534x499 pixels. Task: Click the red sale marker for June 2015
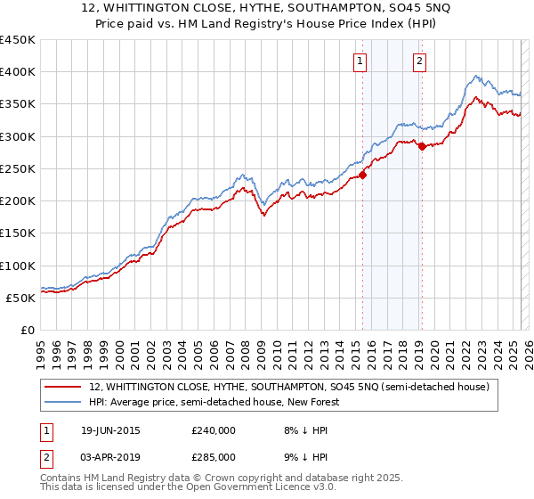point(363,175)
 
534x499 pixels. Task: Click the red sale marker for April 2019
point(422,146)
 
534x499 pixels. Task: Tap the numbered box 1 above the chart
point(360,61)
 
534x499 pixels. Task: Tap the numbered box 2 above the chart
point(418,61)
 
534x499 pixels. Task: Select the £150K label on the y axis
point(18,233)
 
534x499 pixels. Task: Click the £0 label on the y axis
point(27,331)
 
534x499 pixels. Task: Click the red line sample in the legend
point(63,388)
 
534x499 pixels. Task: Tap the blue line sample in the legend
point(63,403)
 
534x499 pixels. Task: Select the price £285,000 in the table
point(214,456)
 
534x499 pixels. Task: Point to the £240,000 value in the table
point(214,430)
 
